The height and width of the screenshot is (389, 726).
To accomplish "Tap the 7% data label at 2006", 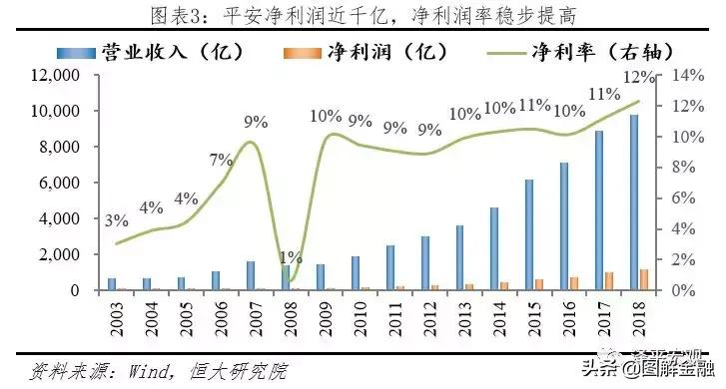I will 220,160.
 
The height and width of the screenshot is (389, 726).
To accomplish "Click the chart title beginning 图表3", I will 363,15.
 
